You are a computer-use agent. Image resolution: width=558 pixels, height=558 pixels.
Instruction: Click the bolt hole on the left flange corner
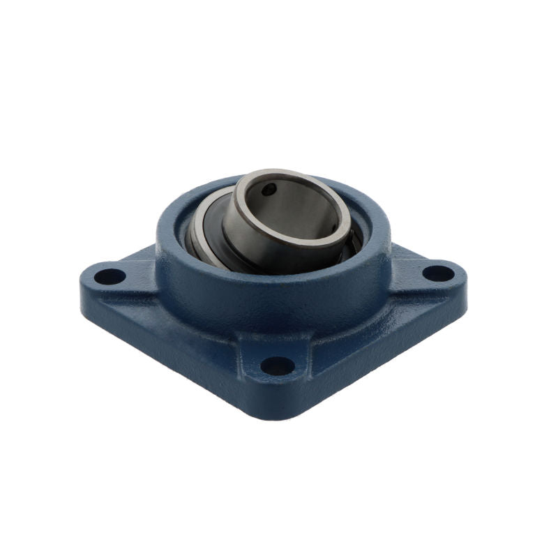110,276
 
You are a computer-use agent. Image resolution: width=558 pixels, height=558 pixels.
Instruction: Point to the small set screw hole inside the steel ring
269,190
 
